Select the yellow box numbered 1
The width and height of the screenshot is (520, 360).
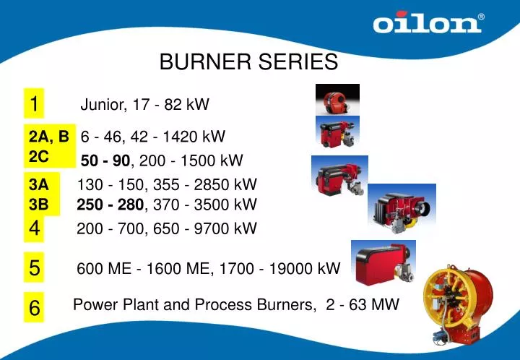(34, 103)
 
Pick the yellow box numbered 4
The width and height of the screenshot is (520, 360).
(34, 229)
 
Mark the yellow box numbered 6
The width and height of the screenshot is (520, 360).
(34, 308)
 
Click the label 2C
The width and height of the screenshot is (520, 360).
(39, 154)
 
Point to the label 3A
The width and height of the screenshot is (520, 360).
(39, 185)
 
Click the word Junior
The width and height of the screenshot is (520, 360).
(103, 105)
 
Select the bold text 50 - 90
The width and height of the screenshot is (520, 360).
(105, 160)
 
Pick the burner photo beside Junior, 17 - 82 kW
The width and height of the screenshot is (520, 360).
(337, 100)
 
